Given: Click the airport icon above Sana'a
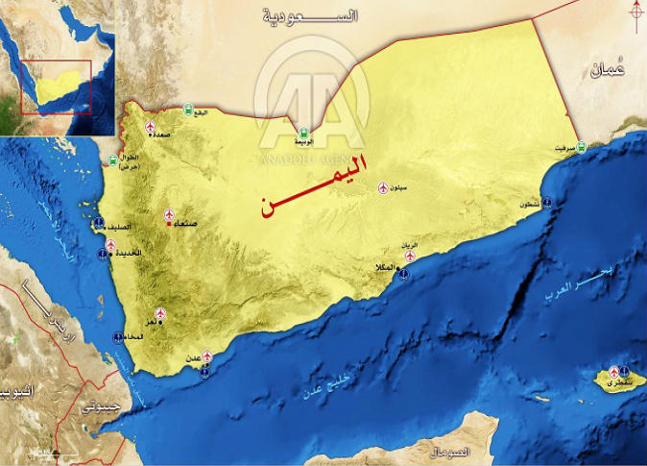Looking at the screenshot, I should (x=169, y=213).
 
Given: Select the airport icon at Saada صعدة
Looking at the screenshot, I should (x=150, y=127).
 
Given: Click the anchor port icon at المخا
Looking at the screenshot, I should (x=118, y=337).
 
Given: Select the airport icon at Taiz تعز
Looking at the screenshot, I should (x=159, y=313).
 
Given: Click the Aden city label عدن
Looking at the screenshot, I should (x=192, y=357).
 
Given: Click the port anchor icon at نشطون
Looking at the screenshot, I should (x=546, y=203).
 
